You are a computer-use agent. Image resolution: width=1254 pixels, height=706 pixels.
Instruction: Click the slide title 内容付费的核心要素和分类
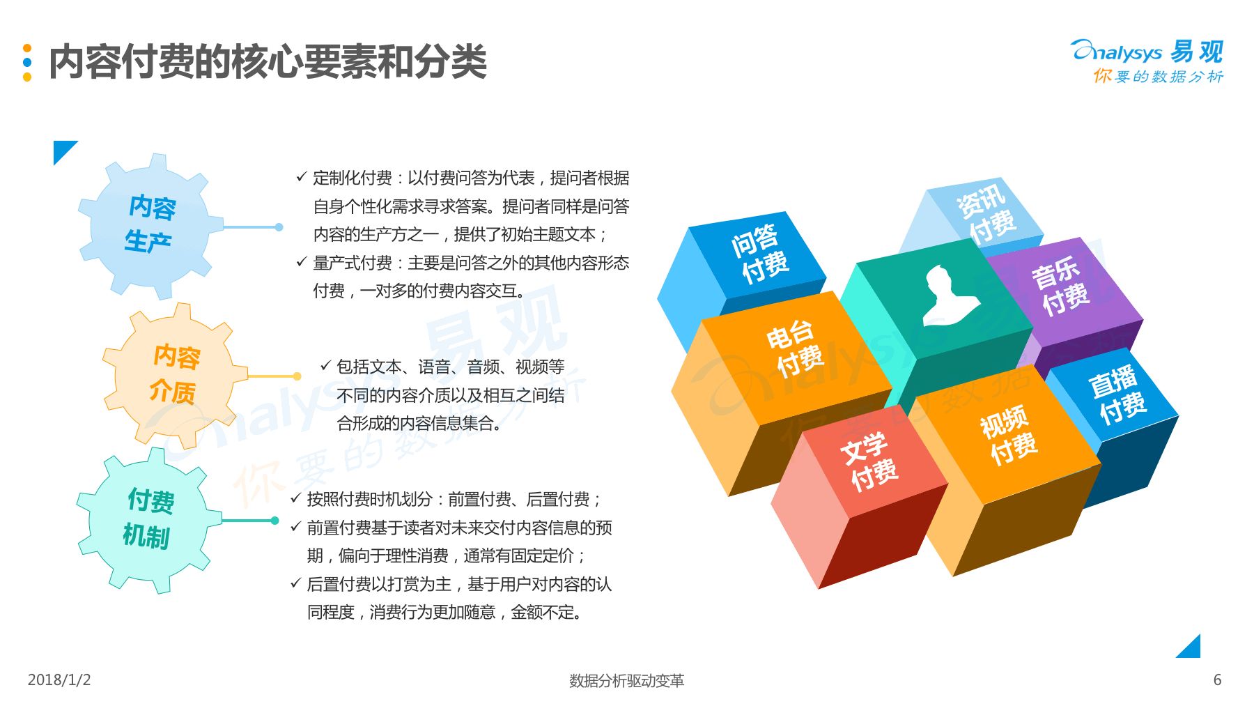click(x=268, y=62)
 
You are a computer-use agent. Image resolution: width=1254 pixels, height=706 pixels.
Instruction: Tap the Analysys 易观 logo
click(x=1147, y=61)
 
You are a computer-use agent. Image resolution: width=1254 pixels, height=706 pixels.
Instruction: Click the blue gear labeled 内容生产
click(x=150, y=226)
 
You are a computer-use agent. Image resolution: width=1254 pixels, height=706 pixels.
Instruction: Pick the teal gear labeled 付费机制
click(x=148, y=520)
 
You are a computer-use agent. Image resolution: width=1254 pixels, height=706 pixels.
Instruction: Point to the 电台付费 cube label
click(x=794, y=348)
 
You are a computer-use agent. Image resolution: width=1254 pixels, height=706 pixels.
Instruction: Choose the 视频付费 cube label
click(x=1008, y=435)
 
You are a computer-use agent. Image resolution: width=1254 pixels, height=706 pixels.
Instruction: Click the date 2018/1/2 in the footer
click(x=59, y=680)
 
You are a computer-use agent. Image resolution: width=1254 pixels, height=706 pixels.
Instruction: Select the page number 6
click(x=1217, y=680)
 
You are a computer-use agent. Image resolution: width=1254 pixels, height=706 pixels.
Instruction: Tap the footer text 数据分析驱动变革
click(x=626, y=680)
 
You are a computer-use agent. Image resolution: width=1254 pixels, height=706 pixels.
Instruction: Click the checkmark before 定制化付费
click(x=301, y=177)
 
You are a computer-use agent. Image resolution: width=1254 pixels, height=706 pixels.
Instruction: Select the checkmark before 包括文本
click(x=325, y=365)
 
